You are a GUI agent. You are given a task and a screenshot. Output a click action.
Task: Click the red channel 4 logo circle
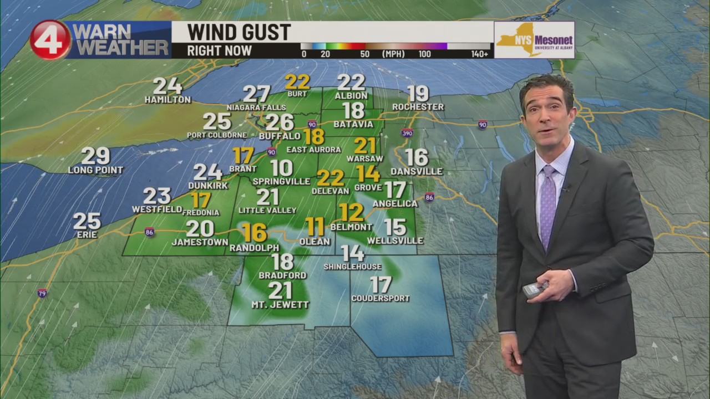(x=50, y=40)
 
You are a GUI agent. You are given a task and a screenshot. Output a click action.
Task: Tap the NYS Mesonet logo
(x=534, y=40)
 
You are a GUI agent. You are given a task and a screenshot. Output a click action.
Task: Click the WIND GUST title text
(x=239, y=32)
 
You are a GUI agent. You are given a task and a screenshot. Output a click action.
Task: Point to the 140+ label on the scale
(x=480, y=54)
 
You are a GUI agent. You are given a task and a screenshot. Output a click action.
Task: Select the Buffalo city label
(x=280, y=136)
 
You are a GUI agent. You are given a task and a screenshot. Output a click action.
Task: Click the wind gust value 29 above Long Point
(x=95, y=156)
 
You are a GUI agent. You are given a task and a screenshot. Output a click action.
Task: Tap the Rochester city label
(x=418, y=107)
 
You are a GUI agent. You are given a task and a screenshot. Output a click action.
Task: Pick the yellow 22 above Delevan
(x=331, y=178)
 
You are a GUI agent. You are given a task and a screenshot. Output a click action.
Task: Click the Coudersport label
(x=381, y=298)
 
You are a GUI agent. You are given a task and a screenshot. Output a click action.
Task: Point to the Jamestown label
(x=200, y=242)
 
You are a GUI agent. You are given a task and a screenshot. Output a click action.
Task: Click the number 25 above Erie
(x=87, y=222)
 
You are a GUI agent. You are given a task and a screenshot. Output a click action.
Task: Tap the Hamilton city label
(x=168, y=100)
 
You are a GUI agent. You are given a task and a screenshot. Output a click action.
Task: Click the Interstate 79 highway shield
(x=42, y=293)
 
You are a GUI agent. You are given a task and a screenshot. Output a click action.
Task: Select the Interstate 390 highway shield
(x=408, y=133)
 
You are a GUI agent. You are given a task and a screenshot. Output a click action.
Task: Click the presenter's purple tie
(x=547, y=205)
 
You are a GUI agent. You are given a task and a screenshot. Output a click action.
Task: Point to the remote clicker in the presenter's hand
(x=534, y=289)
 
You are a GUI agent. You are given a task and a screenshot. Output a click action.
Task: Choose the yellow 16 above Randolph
(x=255, y=233)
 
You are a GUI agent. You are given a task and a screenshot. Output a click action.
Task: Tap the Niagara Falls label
(x=256, y=108)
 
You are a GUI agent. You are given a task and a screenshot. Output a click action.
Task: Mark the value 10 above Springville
(x=282, y=168)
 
